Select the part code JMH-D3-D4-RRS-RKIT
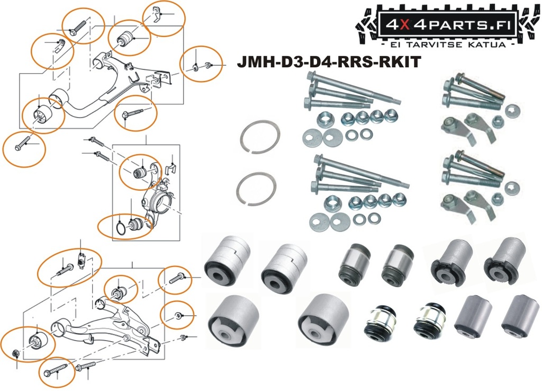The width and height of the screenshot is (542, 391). [x=329, y=63]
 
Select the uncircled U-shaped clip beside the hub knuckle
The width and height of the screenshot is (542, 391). [x=170, y=169]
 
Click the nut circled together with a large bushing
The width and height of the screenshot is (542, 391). [x=15, y=353]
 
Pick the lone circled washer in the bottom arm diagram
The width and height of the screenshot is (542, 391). [x=178, y=316]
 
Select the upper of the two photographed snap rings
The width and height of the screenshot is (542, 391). [x=259, y=135]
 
